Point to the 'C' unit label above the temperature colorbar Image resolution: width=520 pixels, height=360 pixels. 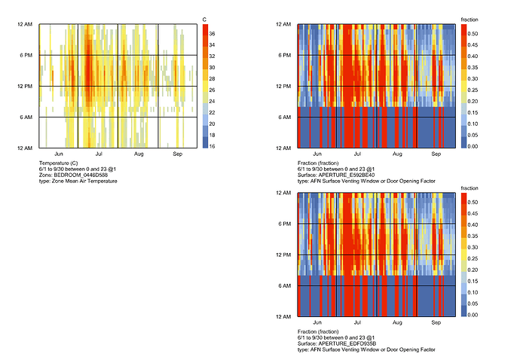coord(205,18)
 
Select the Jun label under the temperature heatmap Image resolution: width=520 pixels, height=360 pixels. coord(59,154)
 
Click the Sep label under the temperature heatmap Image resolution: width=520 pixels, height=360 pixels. coord(178,154)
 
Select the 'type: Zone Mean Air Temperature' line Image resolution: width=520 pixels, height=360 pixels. coord(78,181)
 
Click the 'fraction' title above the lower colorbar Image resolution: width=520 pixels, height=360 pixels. coord(469,188)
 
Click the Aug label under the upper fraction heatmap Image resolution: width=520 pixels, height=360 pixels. coord(397,154)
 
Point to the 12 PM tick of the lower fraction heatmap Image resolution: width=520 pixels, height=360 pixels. coord(286,255)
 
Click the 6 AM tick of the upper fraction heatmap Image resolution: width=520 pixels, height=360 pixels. coord(287,117)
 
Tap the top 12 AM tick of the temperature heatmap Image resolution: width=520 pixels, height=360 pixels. coord(26,24)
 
